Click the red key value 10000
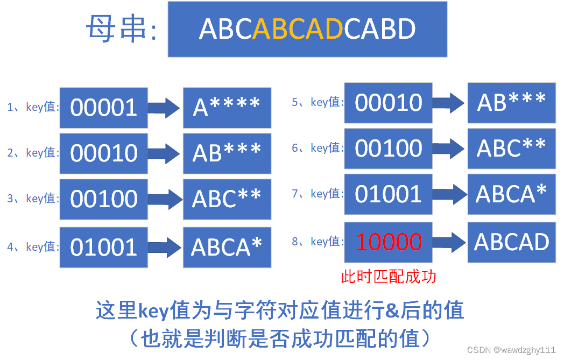click(x=389, y=242)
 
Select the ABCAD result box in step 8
click(x=511, y=242)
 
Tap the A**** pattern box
click(x=227, y=108)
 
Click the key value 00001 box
click(x=103, y=108)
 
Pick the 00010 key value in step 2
click(x=103, y=153)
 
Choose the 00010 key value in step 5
click(x=389, y=102)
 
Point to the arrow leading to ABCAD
click(x=449, y=242)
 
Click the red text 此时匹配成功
click(x=389, y=277)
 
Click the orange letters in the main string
click(x=298, y=29)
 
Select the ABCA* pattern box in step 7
click(x=511, y=194)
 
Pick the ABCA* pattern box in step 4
click(x=227, y=247)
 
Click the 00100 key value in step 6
click(x=389, y=148)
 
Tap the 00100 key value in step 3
click(x=103, y=199)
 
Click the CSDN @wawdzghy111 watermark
click(x=511, y=350)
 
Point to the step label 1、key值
click(x=33, y=107)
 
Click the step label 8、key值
click(x=318, y=241)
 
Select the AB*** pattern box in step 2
click(x=227, y=153)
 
